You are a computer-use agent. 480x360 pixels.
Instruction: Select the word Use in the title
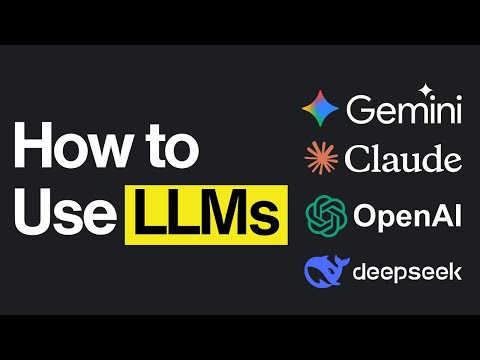(x=61, y=215)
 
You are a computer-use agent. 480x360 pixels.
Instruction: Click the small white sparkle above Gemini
(x=425, y=90)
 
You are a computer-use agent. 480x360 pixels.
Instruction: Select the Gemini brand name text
(x=403, y=110)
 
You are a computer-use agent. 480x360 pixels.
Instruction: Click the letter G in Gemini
(x=358, y=110)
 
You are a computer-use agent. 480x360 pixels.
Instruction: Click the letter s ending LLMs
(x=266, y=219)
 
